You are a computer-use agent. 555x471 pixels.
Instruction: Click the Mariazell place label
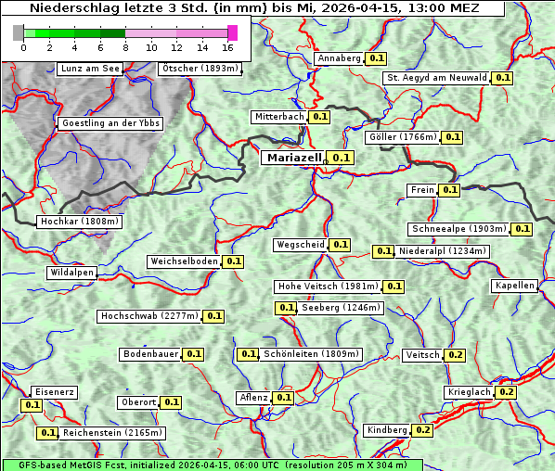pyautogui.click(x=293, y=158)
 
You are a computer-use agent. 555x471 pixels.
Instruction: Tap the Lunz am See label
pyautogui.click(x=89, y=69)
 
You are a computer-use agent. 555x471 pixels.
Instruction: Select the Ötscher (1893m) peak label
pyautogui.click(x=200, y=69)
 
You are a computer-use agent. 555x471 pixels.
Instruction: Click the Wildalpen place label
pyautogui.click(x=72, y=273)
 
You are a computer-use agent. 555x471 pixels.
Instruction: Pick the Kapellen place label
pyautogui.click(x=515, y=286)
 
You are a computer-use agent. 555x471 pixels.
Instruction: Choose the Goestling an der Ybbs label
pyautogui.click(x=110, y=123)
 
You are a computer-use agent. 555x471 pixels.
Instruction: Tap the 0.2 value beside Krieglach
pyautogui.click(x=506, y=392)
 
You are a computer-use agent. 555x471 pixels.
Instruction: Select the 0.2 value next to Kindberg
pyautogui.click(x=423, y=430)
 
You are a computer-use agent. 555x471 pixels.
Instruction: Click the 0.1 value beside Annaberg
pyautogui.click(x=376, y=58)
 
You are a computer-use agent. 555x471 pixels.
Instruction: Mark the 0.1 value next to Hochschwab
pyautogui.click(x=214, y=316)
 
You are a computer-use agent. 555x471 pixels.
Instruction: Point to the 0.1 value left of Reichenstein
pyautogui.click(x=47, y=433)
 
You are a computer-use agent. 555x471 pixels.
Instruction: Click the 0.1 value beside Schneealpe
pyautogui.click(x=522, y=229)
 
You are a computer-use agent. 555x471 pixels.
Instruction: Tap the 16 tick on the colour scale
pyautogui.click(x=227, y=46)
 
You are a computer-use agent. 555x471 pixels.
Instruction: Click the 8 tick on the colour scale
pyautogui.click(x=125, y=46)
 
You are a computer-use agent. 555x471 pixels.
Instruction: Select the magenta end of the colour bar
pyautogui.click(x=232, y=32)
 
